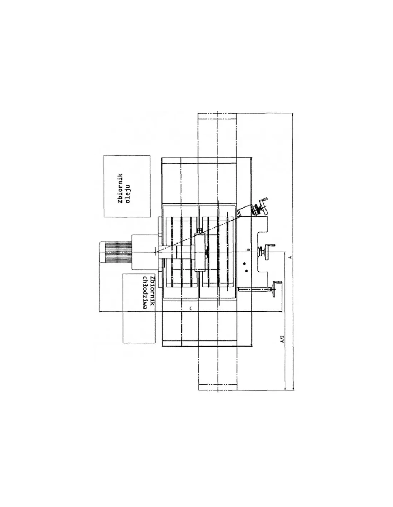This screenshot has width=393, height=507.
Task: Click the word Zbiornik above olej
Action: pyautogui.click(x=120, y=188)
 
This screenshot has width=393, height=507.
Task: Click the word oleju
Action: pyautogui.click(x=128, y=194)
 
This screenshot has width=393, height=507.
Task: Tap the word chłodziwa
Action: pyautogui.click(x=145, y=293)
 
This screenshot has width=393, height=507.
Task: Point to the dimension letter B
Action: pyautogui.click(x=249, y=250)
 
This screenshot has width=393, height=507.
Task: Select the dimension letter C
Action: pyautogui.click(x=190, y=309)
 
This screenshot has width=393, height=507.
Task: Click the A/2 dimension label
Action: pyautogui.click(x=282, y=339)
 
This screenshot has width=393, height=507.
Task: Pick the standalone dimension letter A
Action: pyautogui.click(x=290, y=257)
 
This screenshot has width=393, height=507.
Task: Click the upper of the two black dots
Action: pyautogui.click(x=244, y=263)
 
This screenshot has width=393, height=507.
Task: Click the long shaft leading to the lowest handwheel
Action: pyautogui.click(x=255, y=289)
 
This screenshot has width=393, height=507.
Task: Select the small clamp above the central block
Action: pyautogui.click(x=200, y=231)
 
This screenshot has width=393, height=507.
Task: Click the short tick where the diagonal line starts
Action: pyautogui.click(x=155, y=252)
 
